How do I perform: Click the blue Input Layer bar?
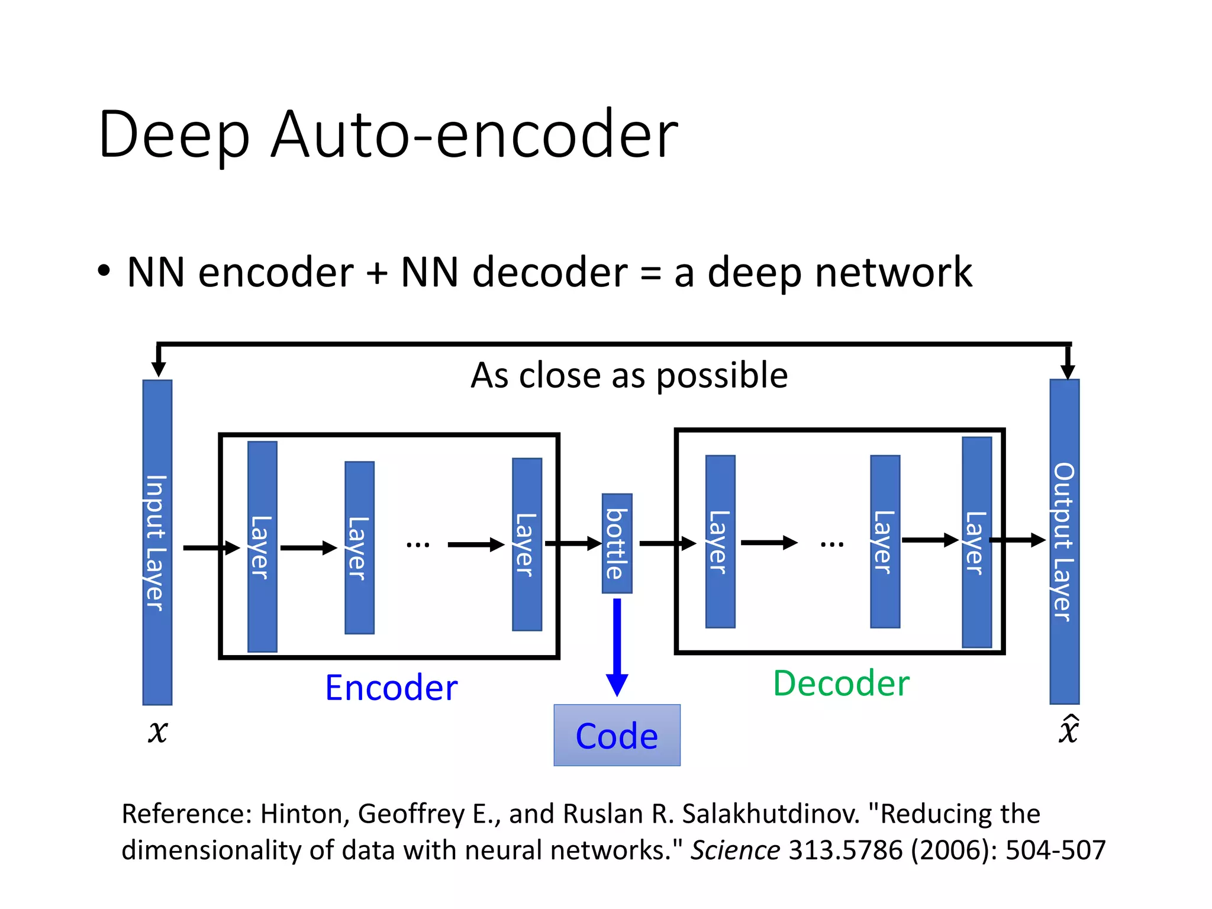pyautogui.click(x=157, y=542)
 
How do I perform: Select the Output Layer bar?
pyautogui.click(x=1064, y=541)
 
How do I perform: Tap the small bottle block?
pyautogui.click(x=617, y=543)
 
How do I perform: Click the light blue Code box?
pyautogui.click(x=617, y=735)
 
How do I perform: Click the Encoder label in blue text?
pyautogui.click(x=391, y=688)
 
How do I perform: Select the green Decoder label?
pyautogui.click(x=841, y=684)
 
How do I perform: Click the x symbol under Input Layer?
pyautogui.click(x=158, y=731)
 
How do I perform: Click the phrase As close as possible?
pyautogui.click(x=629, y=375)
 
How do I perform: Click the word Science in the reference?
pyautogui.click(x=735, y=850)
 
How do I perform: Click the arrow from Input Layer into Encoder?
pyautogui.click(x=211, y=548)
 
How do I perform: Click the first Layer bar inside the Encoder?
pyautogui.click(x=262, y=546)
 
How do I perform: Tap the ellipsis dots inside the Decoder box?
pyautogui.click(x=831, y=543)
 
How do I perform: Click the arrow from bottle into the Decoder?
pyautogui.click(x=668, y=543)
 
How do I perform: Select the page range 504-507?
pyautogui.click(x=1055, y=850)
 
